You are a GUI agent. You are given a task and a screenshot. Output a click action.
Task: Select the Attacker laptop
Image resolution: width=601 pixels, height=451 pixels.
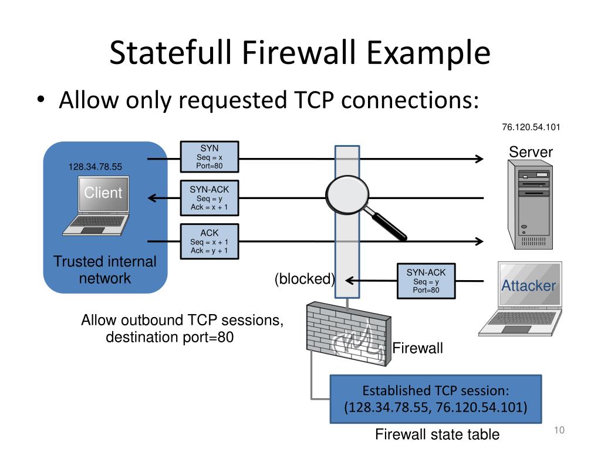tap(523, 299)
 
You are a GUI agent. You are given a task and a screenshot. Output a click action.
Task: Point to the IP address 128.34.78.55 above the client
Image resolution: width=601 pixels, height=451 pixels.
tap(95, 167)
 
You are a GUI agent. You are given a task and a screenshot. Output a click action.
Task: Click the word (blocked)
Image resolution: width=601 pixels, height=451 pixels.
tap(305, 280)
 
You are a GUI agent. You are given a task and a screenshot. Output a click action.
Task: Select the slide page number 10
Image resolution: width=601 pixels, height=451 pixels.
tap(558, 432)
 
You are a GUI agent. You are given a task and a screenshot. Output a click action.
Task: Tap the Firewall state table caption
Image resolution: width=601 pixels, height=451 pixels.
tap(437, 435)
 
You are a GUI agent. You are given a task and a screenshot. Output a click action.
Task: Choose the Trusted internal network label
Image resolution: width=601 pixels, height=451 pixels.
tap(105, 270)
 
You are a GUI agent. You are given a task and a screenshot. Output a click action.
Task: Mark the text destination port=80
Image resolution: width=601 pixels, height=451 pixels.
tap(170, 338)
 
